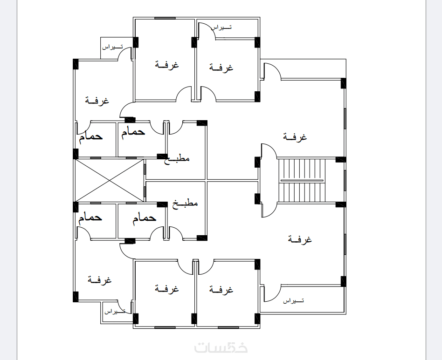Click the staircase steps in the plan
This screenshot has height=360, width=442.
point(302,180)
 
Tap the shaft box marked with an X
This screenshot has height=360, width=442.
point(110,180)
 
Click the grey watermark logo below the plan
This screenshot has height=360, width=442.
point(221,347)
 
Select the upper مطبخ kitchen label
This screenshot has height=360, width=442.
point(177,159)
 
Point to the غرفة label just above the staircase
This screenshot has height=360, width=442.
point(295,137)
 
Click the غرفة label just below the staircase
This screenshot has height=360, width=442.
point(300,239)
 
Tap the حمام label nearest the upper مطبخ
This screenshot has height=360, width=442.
point(133,132)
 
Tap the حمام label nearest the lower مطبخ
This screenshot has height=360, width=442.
point(145,218)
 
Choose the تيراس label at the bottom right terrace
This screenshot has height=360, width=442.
point(293,301)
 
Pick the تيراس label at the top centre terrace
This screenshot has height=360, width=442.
point(221,27)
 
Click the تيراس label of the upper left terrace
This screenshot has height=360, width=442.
point(112,47)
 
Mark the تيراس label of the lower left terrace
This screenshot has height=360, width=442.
point(115,311)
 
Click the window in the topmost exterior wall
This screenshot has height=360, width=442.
point(165,18)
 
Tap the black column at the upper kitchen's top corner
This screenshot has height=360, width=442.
point(202,123)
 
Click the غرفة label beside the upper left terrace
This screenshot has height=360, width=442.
point(97,101)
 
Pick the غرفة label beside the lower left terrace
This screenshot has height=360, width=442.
point(99,280)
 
